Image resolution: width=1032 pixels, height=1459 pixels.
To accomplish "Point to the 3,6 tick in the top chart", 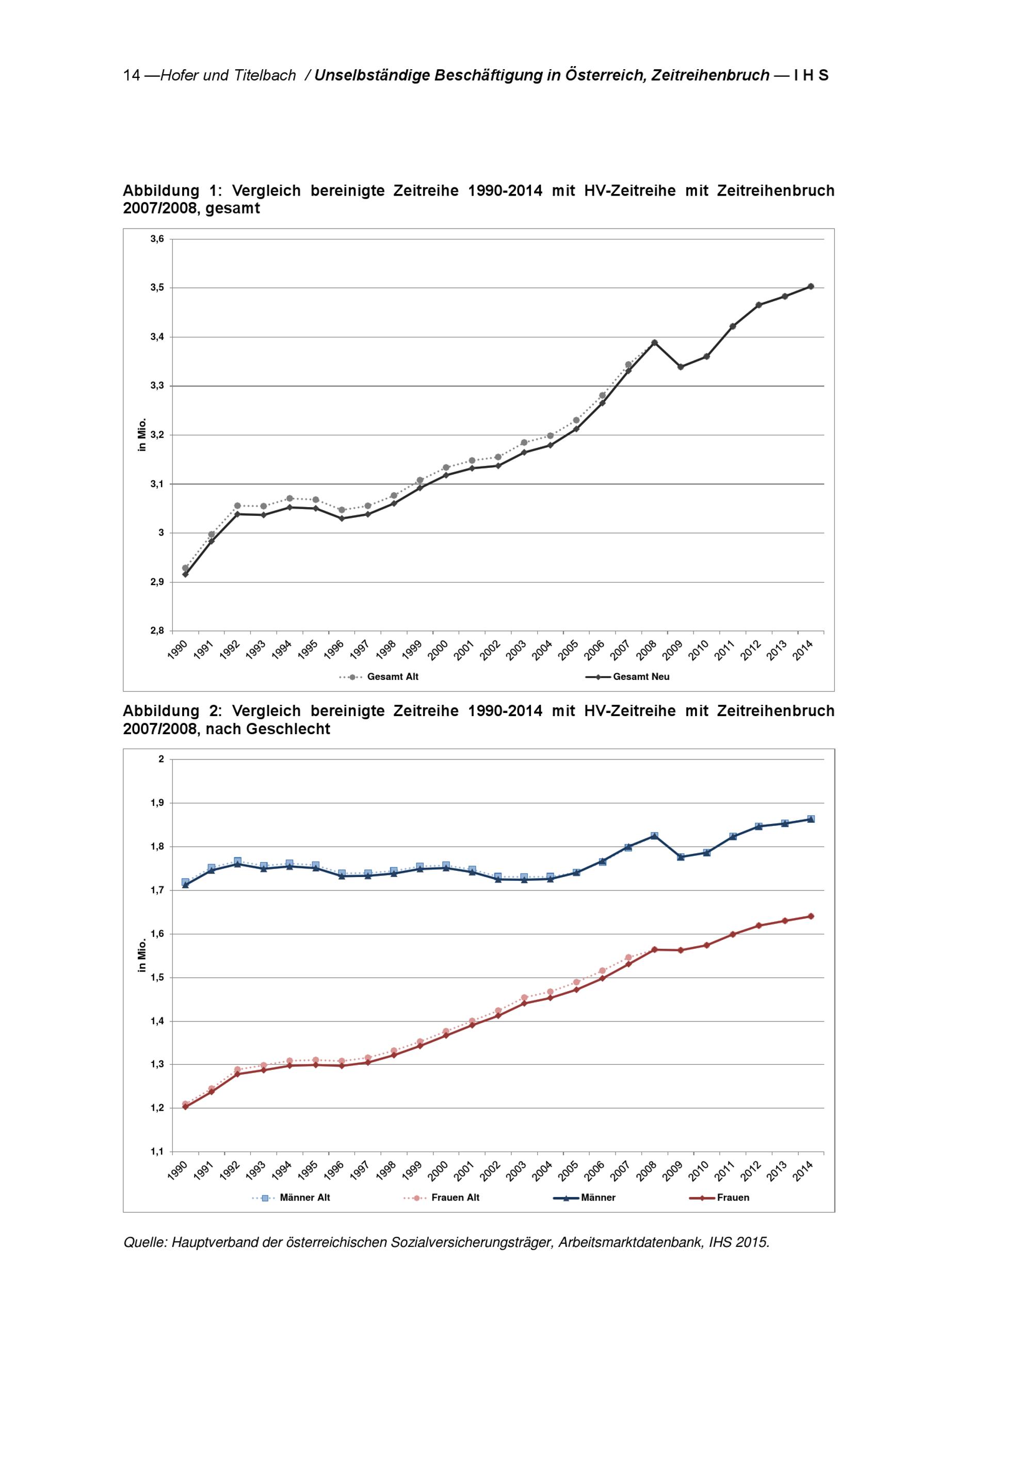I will [x=157, y=239].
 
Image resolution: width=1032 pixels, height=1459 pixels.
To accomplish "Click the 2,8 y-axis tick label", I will [x=157, y=630].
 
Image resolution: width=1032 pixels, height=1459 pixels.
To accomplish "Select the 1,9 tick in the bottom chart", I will [x=157, y=803].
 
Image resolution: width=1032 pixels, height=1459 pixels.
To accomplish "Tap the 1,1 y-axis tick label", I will [x=157, y=1151].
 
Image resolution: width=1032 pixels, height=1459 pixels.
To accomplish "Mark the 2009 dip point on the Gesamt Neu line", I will [x=681, y=367].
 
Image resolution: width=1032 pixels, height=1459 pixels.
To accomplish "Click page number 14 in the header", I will [x=132, y=76].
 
